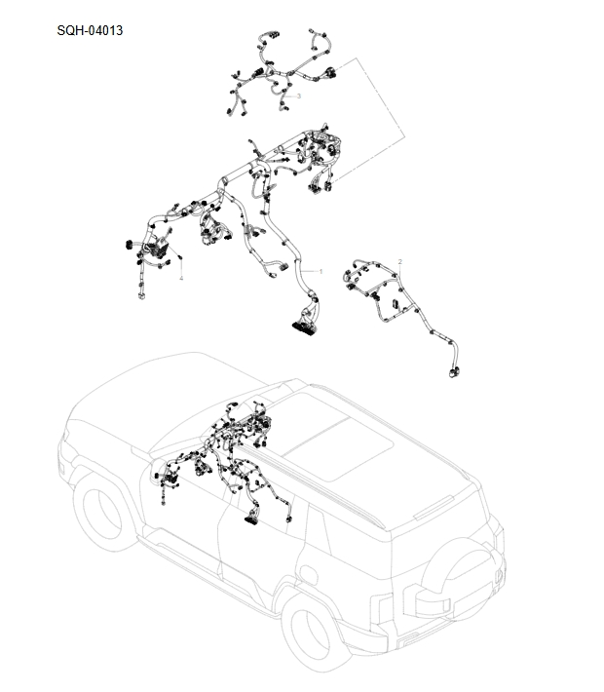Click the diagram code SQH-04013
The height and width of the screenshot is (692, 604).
[x=91, y=30]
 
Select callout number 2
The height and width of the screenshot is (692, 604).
[x=399, y=262]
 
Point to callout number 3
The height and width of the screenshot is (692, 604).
[x=298, y=96]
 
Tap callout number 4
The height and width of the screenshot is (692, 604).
[x=180, y=278]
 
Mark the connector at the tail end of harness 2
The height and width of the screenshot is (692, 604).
[x=453, y=371]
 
